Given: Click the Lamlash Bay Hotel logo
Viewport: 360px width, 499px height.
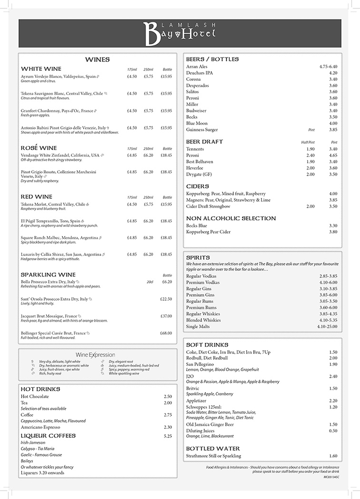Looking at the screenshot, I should pos(180,33).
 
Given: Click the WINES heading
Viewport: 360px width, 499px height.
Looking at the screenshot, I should pos(97,59).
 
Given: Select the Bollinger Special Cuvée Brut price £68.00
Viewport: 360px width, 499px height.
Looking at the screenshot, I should pos(166,333).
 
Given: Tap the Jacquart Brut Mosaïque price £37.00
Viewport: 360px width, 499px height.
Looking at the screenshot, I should pos(166,316).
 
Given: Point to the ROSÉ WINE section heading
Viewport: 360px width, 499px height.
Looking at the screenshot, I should pos(39,148).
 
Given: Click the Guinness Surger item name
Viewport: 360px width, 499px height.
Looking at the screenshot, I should pos(202,129).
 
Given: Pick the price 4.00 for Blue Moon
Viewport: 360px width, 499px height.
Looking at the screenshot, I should pos(333,123).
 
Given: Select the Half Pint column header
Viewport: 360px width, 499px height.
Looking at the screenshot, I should pos(308,142).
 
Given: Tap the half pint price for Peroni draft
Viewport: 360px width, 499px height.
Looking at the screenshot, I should pos(310,155).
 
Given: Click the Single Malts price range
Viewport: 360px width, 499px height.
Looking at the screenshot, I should pos(327,326).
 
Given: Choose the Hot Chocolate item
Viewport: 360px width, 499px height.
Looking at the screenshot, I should pos(35,396).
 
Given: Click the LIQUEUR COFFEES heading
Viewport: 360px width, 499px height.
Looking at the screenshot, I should pos(48,435).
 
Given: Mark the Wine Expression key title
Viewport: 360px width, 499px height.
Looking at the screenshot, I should pos(95,355).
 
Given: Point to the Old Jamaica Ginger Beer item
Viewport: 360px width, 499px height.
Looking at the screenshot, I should pos(210,424).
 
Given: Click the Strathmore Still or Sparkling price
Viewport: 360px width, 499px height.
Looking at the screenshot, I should pos(333,456).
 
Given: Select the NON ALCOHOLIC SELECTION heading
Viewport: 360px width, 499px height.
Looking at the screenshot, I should pos(231,218).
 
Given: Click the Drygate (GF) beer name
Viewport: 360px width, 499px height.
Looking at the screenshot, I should pos(199,174).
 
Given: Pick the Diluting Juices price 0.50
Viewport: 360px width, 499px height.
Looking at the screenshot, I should pos(333,431).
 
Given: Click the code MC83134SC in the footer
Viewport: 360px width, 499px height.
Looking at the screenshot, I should pos(332,476).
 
